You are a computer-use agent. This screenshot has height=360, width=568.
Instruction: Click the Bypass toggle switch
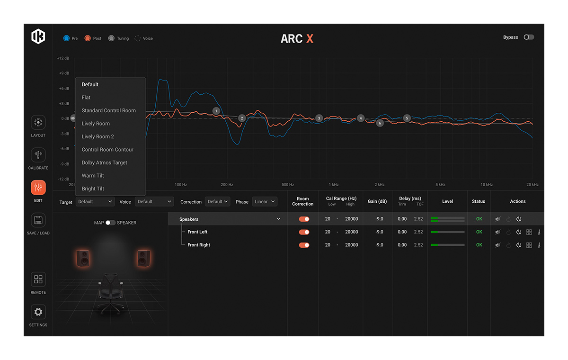529,37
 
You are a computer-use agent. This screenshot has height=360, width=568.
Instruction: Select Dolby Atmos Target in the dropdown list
104,162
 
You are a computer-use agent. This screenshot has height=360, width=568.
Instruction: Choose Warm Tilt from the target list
93,176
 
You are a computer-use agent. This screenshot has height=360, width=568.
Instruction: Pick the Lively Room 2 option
98,136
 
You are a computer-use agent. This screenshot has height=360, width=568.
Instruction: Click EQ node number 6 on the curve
380,123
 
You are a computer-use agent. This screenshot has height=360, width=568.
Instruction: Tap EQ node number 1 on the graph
216,111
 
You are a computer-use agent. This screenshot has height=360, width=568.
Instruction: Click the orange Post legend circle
88,38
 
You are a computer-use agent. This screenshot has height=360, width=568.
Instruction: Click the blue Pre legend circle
66,38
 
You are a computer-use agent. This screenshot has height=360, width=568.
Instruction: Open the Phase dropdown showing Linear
265,202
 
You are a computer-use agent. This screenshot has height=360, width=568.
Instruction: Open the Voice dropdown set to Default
154,202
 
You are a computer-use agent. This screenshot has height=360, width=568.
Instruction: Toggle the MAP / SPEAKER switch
110,223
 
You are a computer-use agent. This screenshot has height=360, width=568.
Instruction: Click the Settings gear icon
38,312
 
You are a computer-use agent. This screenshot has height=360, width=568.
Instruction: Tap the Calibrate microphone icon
38,155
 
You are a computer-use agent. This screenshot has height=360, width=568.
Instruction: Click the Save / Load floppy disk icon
38,220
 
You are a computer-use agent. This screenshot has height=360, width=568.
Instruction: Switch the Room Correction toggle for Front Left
304,232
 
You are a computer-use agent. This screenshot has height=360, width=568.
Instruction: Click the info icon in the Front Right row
539,245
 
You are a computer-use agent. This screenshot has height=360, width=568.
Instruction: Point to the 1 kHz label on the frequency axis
334,185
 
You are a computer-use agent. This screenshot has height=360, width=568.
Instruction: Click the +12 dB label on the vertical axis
63,58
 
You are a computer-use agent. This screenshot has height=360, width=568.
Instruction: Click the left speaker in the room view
83,258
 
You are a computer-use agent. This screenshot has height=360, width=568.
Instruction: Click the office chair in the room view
111,294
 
